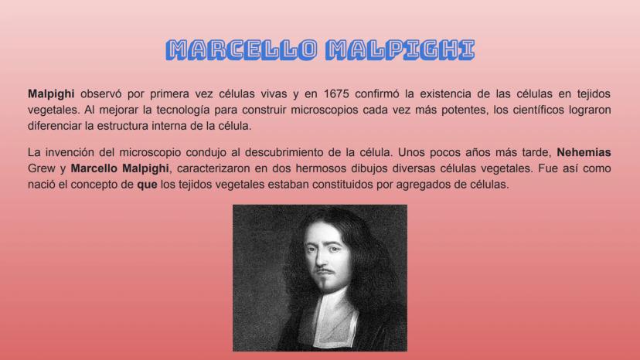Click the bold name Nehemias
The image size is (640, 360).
tap(584, 152)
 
